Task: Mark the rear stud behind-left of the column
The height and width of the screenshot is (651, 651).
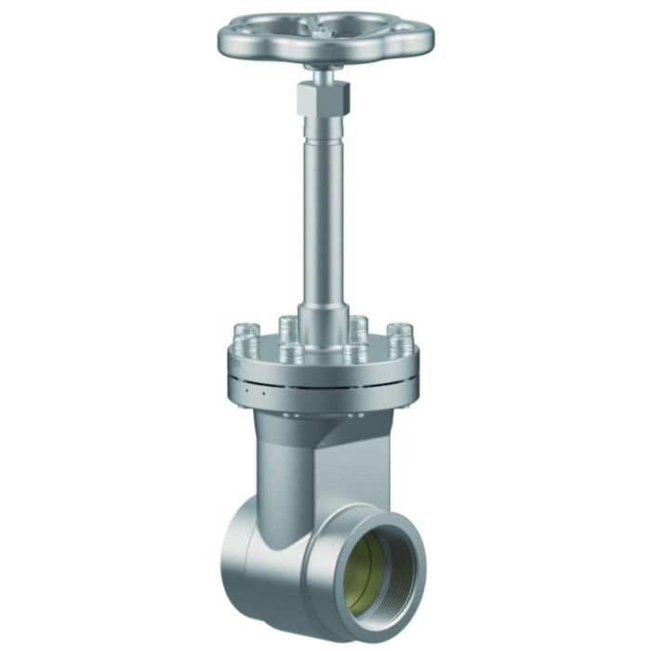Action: pyautogui.click(x=287, y=327)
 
